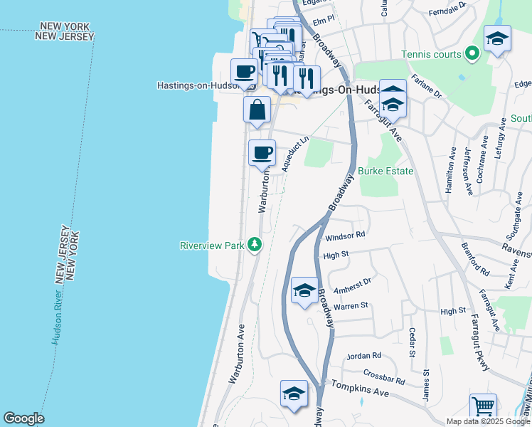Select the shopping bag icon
tap(257, 110)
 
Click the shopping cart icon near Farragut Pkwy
tap(483, 407)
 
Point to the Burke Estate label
tap(385, 171)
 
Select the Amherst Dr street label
tap(353, 283)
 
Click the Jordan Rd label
tap(364, 355)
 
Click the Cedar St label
tap(411, 342)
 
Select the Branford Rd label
tap(475, 260)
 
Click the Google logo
tap(23, 418)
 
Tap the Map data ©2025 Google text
tap(487, 421)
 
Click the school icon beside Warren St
tap(304, 290)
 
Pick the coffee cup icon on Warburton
tap(262, 152)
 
